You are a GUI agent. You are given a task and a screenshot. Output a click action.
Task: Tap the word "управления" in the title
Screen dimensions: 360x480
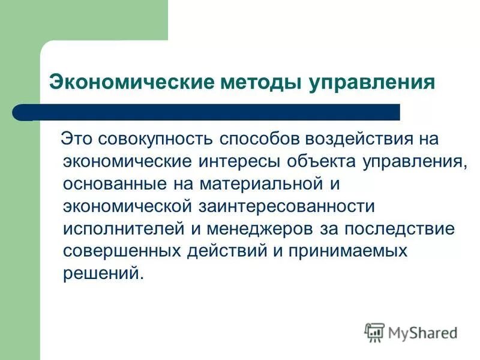[373, 82]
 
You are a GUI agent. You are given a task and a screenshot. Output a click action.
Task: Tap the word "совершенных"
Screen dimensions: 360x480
[124, 250]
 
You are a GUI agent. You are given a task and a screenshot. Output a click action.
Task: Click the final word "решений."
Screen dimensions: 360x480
[104, 272]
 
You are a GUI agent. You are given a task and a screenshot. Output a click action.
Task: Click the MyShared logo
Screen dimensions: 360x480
[411, 332]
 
